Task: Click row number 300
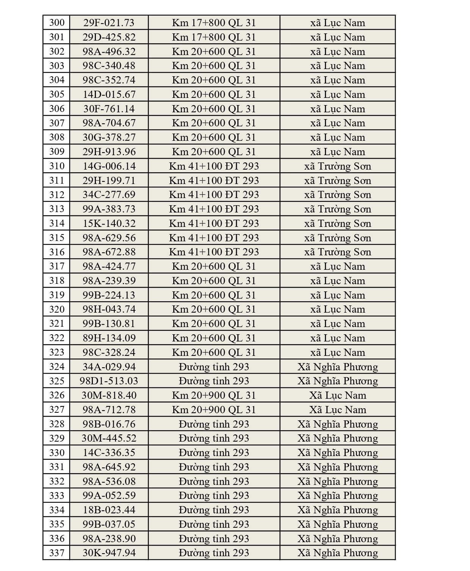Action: (x=57, y=23)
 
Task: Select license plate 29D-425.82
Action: (x=109, y=37)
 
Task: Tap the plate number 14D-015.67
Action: (x=109, y=94)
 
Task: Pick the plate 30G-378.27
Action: (x=109, y=137)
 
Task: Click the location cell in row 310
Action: (x=214, y=166)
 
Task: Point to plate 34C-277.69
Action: (x=109, y=195)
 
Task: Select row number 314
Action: (x=57, y=223)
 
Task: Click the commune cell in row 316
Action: (x=337, y=252)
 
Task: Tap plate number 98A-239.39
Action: (x=109, y=281)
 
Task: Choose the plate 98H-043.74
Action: (x=109, y=309)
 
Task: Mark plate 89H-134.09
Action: (x=109, y=338)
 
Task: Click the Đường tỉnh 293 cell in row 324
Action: (x=214, y=367)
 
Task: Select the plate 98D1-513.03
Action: (x=109, y=381)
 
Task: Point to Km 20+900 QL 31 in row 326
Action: (x=214, y=395)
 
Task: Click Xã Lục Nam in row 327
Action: (x=337, y=410)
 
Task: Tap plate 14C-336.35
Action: (x=109, y=453)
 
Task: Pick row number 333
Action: (x=57, y=495)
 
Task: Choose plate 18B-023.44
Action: (x=109, y=510)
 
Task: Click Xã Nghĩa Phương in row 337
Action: (x=337, y=553)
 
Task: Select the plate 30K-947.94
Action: (x=109, y=553)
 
